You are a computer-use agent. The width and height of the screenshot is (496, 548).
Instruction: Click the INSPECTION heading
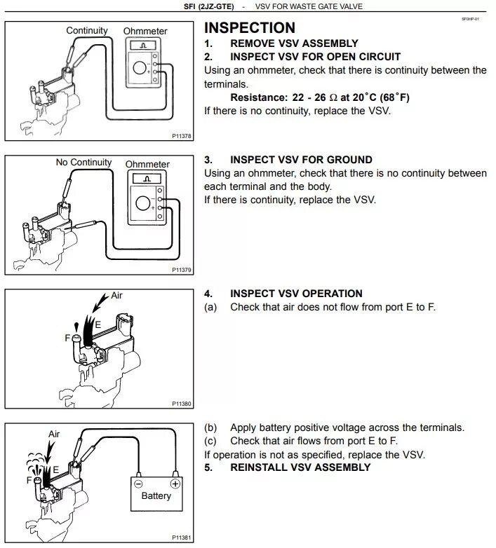coord(249,28)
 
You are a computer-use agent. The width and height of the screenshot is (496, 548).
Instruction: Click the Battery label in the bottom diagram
coord(156,496)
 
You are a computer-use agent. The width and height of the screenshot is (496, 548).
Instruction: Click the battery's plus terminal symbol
coord(175,483)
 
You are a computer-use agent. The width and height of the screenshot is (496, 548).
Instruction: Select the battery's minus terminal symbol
coord(138,483)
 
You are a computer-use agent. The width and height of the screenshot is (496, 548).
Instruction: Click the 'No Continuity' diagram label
coord(83,163)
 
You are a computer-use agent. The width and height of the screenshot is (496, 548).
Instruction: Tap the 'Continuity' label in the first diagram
coord(87,30)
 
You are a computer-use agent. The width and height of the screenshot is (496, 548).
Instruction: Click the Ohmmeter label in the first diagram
coord(145,32)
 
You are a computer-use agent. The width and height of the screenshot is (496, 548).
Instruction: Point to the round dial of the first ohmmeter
coord(140,69)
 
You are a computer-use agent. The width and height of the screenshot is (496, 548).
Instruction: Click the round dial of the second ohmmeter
coord(143,203)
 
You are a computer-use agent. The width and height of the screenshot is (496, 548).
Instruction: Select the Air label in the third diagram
coord(116,295)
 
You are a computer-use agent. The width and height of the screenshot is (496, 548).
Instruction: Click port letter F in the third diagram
coord(68,338)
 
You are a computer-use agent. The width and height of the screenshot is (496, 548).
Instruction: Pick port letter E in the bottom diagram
coord(56,470)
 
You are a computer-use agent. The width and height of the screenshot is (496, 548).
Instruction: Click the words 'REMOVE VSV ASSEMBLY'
coord(294,43)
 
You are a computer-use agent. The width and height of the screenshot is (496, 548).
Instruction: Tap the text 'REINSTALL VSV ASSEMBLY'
coord(300,467)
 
